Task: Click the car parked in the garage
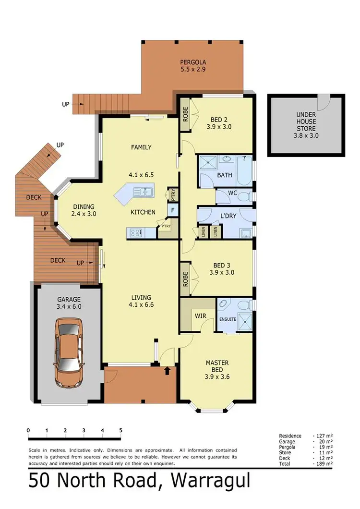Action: (x=69, y=354)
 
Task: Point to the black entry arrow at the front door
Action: (x=167, y=370)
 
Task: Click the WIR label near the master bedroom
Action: (x=200, y=316)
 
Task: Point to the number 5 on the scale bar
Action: (x=120, y=430)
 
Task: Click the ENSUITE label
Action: (x=228, y=318)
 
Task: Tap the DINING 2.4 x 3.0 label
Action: (x=84, y=210)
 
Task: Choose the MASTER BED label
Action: (x=217, y=367)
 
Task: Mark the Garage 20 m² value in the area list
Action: (x=323, y=441)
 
